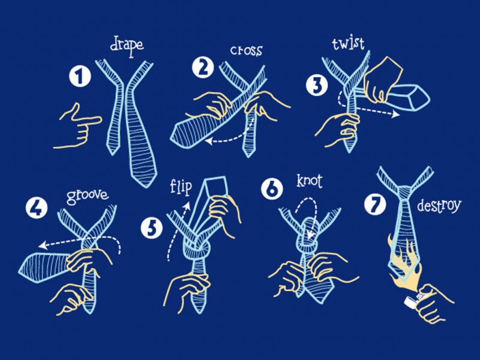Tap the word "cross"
(x=246, y=50)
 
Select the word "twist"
(x=349, y=43)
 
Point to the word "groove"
(x=88, y=197)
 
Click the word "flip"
(x=181, y=187)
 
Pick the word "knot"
(x=310, y=181)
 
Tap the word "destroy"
(x=439, y=206)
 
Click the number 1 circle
(x=80, y=77)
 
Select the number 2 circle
(x=203, y=68)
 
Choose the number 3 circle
(x=317, y=85)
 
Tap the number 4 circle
(x=37, y=208)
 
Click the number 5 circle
(x=152, y=228)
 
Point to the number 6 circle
(x=272, y=189)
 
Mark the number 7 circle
(x=375, y=204)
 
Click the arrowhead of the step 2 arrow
(x=209, y=141)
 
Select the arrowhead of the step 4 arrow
(x=43, y=245)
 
